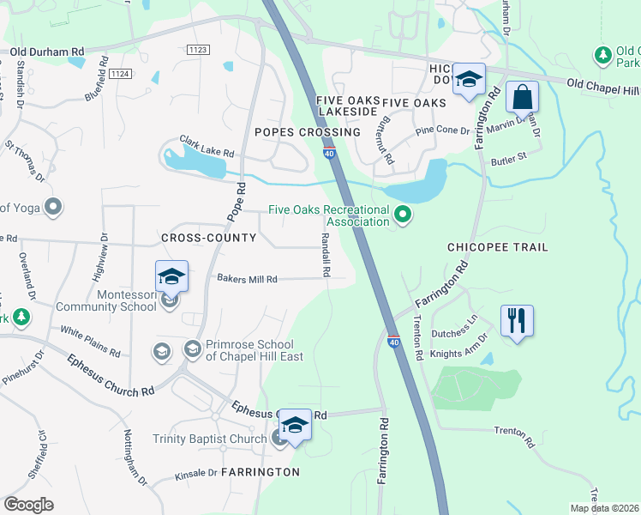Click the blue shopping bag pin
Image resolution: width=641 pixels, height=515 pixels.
coord(521,98)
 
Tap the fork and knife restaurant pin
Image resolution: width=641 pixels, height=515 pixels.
coord(516,322)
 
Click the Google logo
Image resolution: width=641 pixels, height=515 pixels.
coord(29,504)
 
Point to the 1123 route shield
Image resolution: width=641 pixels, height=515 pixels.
coord(198,51)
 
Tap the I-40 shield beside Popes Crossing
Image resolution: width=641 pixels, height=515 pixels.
coord(329,153)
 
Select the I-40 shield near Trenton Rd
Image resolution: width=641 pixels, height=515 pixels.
coord(393,342)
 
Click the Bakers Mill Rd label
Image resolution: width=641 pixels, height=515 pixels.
coord(247,279)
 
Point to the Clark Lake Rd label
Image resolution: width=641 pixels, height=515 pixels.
coord(207,145)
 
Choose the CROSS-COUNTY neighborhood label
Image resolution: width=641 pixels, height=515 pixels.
coord(208,237)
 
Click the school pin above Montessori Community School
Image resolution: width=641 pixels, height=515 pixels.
coord(171,276)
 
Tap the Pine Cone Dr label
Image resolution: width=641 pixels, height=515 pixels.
coord(442,131)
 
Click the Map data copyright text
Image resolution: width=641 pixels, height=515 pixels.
coord(603,508)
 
